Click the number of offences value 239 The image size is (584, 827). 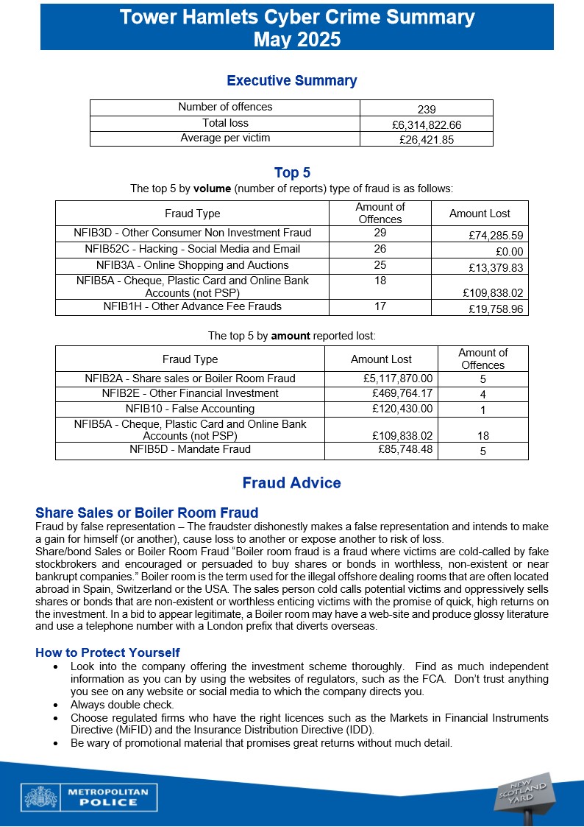point(426,108)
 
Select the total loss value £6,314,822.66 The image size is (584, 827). point(426,124)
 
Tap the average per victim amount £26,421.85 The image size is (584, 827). point(426,139)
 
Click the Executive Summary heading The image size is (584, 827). point(291,81)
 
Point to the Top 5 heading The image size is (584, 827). point(292,173)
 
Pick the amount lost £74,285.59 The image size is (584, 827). point(495,236)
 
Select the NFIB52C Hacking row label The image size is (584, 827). point(192,249)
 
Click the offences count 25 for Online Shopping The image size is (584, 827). point(380,265)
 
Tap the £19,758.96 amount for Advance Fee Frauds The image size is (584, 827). point(495,309)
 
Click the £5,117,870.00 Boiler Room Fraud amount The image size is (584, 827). point(397,379)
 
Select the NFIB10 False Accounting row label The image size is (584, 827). point(190,409)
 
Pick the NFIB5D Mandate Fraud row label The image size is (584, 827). point(190,448)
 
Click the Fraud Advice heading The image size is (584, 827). point(291,483)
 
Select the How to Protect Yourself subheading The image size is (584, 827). point(107,652)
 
